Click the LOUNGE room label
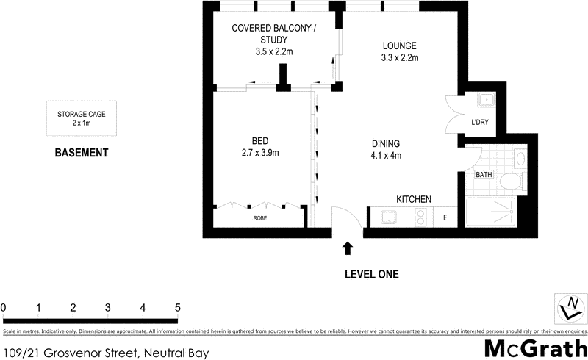click(399, 44)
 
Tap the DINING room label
click(386, 143)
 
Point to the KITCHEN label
click(414, 199)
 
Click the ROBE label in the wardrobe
click(260, 218)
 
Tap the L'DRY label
click(480, 122)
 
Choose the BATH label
click(484, 175)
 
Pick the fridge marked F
click(444, 217)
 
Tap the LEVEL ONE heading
click(371, 275)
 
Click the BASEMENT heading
click(82, 154)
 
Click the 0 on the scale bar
click(4, 307)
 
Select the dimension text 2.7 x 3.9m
click(260, 153)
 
